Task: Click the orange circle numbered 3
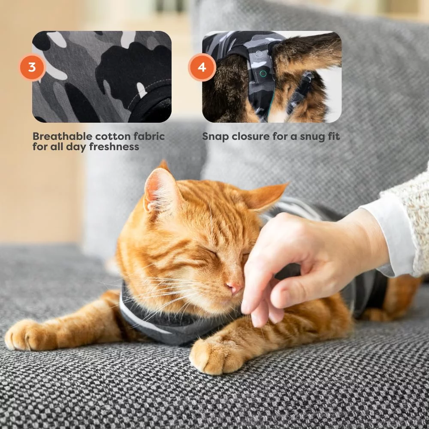32,67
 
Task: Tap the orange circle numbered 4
202,67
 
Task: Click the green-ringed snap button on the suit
263,73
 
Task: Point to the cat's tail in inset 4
306,52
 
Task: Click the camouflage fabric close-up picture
102,77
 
